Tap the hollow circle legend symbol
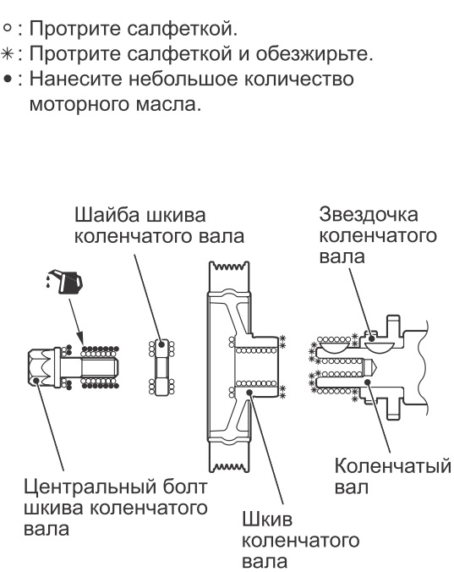(x=8, y=31)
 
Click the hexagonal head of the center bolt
(x=41, y=366)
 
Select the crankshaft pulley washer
(x=160, y=366)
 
